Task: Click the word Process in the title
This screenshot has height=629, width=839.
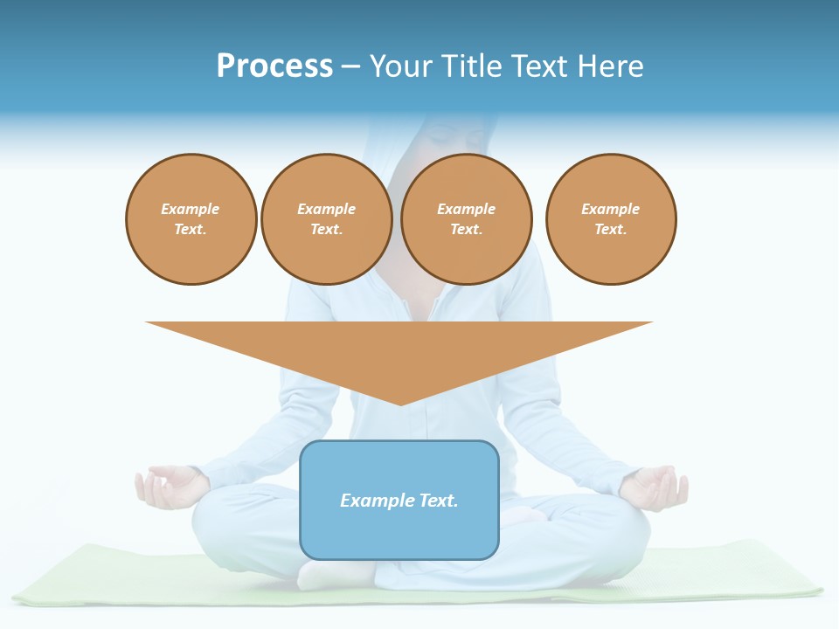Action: coord(274,66)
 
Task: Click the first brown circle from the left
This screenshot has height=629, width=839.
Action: coord(191,219)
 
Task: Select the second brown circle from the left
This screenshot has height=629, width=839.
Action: coord(327,219)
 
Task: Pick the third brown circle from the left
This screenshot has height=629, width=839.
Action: coord(467,219)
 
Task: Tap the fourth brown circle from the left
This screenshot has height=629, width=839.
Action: coord(611,219)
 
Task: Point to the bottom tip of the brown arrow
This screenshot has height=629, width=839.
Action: coord(400,404)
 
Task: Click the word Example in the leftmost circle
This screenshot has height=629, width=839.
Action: coord(191,210)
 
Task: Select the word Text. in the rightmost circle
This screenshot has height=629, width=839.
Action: coord(611,230)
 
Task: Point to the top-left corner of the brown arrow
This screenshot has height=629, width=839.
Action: coord(147,323)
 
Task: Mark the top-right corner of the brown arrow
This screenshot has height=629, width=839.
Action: coord(651,323)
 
